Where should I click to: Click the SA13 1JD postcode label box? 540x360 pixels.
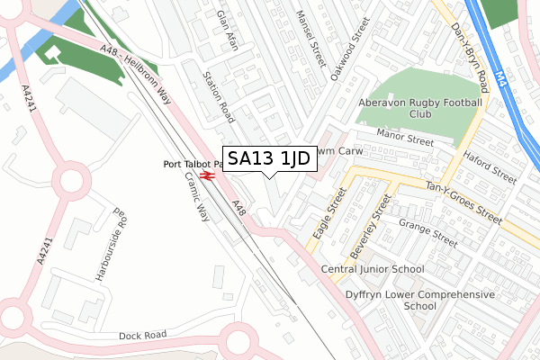coord(268,159)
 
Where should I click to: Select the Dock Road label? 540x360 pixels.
coord(143,336)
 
